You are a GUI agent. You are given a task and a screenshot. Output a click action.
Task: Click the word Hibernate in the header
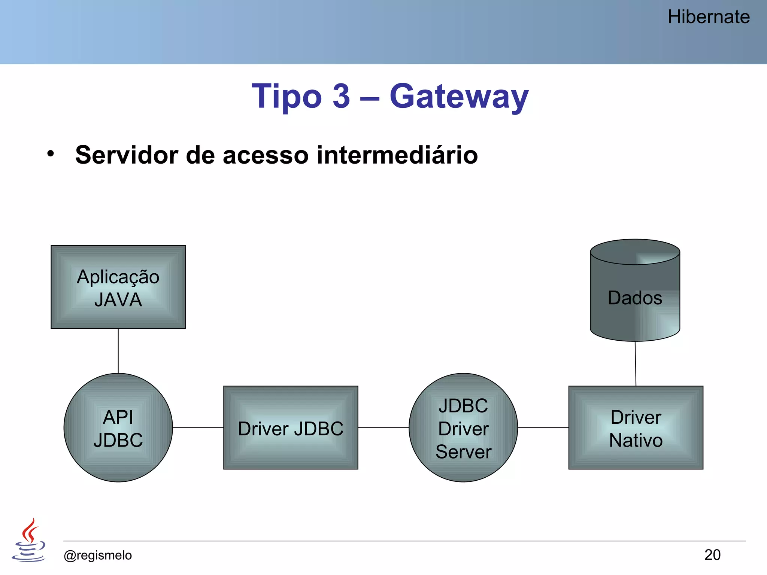708,17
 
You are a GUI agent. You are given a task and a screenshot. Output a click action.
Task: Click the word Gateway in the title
459,97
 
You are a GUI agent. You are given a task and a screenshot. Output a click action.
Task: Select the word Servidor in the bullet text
126,155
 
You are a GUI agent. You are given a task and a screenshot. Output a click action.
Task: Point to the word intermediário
397,155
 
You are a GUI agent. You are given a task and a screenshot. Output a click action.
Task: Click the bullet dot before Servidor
51,153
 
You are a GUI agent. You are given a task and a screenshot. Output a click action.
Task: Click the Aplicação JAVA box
118,287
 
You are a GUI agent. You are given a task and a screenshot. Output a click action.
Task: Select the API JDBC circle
118,428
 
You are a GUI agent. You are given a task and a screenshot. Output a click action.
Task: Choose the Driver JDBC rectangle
291,428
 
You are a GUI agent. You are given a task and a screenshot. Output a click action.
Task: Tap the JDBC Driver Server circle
463,428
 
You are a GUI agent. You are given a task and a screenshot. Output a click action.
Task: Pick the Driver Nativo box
636,428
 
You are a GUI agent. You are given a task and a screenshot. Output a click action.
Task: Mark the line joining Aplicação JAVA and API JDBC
118,351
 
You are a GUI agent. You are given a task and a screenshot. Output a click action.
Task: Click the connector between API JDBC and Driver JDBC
198,428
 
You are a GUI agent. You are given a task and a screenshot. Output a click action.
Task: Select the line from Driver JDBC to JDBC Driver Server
383,428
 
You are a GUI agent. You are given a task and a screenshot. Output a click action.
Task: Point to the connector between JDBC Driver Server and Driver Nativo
543,428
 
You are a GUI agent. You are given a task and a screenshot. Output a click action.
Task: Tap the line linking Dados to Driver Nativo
636,363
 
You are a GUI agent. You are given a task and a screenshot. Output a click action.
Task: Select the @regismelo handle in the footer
98,555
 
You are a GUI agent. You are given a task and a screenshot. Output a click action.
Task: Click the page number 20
712,555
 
